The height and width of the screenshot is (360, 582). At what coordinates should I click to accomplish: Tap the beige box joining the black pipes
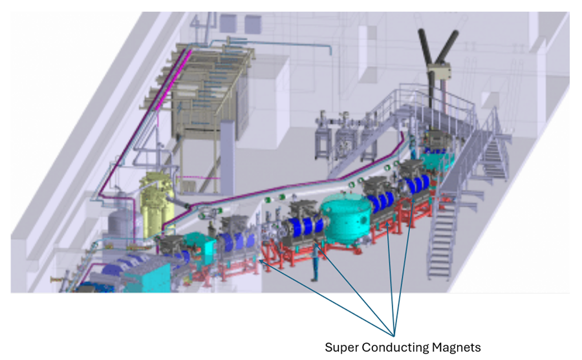(438, 71)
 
